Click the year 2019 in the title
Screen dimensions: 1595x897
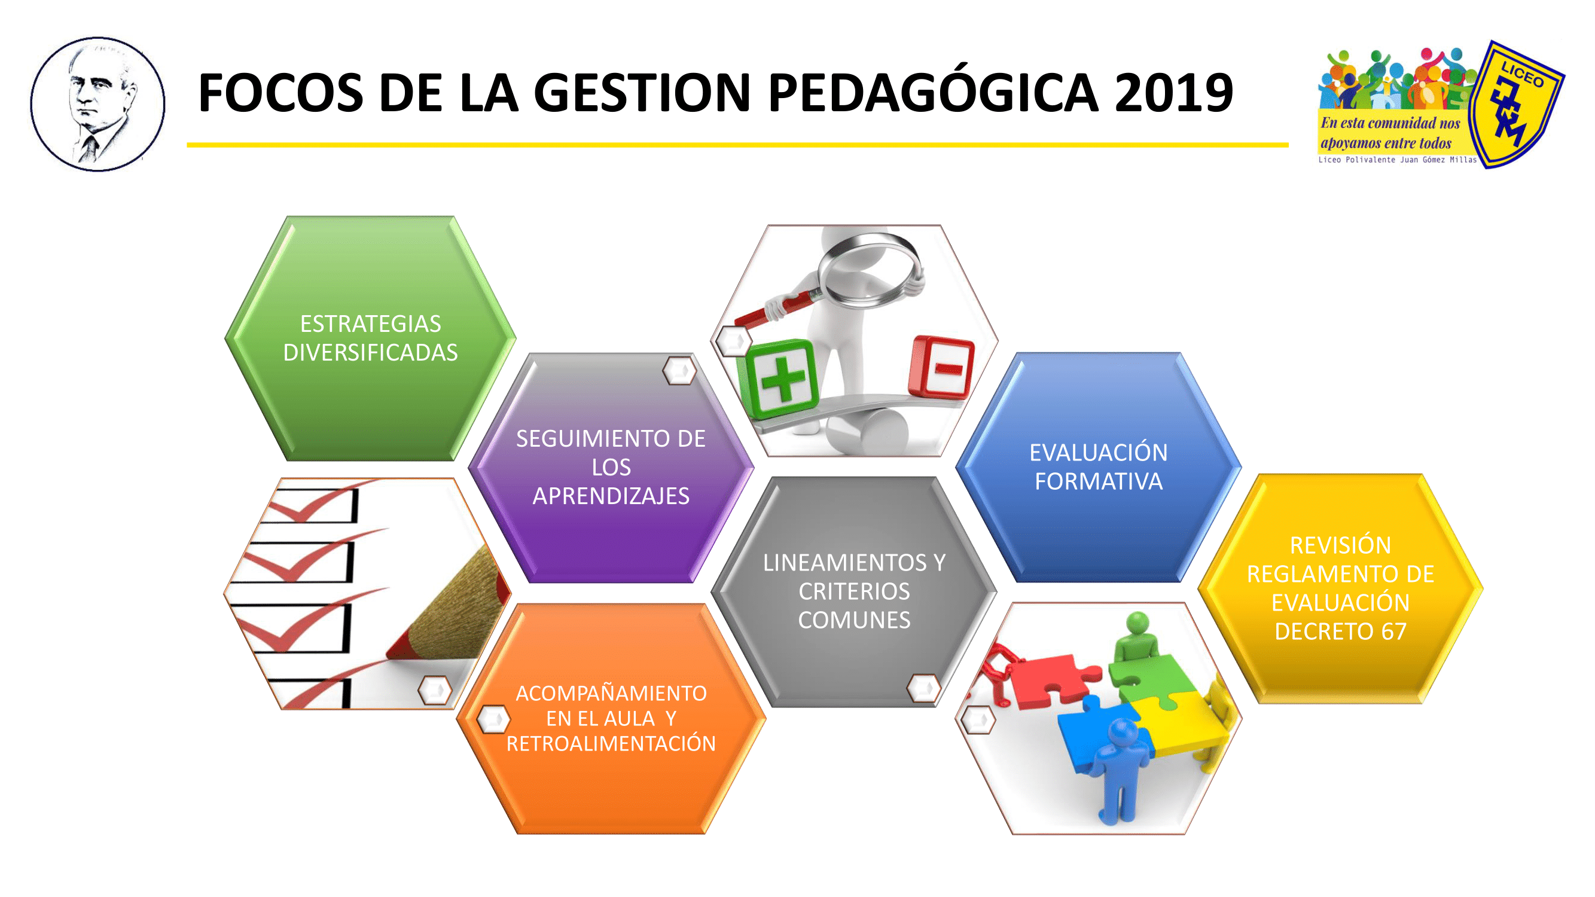coord(1173,93)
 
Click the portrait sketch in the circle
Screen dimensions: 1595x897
coord(98,104)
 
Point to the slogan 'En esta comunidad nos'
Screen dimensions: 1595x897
coord(1390,123)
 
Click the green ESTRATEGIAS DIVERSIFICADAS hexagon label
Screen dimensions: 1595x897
coord(370,338)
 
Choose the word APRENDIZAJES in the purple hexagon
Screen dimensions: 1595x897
coord(611,496)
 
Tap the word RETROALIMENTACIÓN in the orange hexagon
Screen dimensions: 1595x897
coord(611,743)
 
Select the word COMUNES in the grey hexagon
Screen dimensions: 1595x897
coord(855,620)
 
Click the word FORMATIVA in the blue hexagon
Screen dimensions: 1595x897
coord(1099,481)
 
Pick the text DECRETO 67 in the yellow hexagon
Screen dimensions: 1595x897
coord(1340,631)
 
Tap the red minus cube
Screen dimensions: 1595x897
coord(941,367)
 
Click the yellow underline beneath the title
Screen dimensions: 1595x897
coord(737,145)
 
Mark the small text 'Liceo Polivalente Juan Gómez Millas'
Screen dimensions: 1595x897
coord(1398,160)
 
